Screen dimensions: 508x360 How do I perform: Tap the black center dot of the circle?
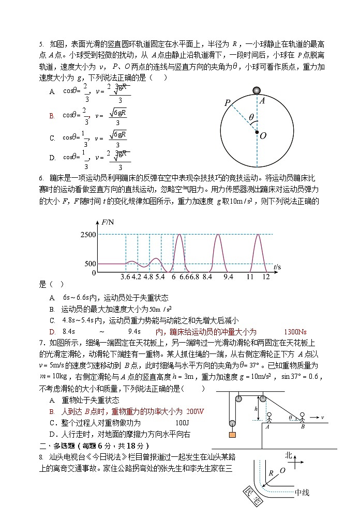point(257,133)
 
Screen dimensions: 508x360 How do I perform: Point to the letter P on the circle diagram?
point(227,103)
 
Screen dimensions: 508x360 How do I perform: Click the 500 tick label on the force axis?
point(90,264)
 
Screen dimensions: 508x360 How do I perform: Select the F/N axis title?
point(109,223)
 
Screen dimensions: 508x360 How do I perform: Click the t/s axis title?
point(277,267)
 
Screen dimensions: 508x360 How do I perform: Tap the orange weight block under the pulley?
point(232,435)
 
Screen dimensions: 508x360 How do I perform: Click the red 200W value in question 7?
point(195,411)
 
